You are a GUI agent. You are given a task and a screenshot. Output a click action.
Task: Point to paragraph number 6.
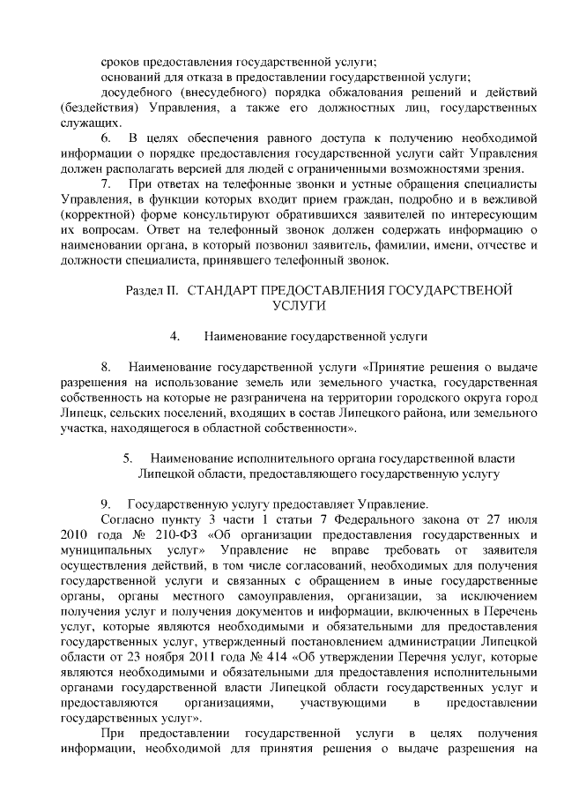pyautogui.click(x=106, y=140)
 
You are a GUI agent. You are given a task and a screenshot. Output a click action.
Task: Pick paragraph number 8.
pyautogui.click(x=106, y=366)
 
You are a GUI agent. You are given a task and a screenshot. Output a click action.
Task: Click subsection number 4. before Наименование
pyautogui.click(x=175, y=336)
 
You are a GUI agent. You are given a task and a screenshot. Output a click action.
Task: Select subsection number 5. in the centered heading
pyautogui.click(x=128, y=458)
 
